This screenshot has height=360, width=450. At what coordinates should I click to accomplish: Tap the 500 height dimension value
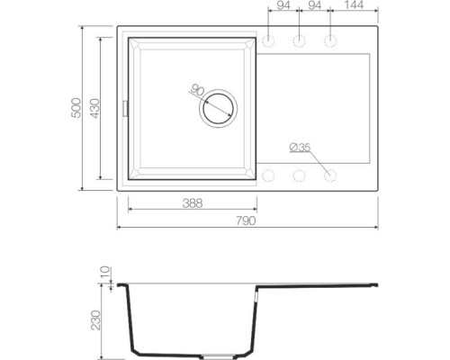click(88, 107)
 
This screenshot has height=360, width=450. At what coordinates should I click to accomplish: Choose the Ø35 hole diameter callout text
click(299, 147)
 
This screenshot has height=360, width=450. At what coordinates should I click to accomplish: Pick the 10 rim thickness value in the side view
click(106, 272)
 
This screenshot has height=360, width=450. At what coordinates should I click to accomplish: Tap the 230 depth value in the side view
click(106, 319)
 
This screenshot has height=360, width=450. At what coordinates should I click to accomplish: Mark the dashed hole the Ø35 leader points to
click(331, 174)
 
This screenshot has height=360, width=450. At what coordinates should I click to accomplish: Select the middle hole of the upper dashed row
click(300, 41)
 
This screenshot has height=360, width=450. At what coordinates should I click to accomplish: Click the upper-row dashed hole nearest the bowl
click(269, 41)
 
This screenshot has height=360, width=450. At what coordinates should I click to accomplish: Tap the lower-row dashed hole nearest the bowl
click(269, 174)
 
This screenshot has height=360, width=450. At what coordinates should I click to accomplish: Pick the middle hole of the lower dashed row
click(300, 174)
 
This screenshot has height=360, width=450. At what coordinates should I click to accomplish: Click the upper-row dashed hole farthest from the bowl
click(331, 41)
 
